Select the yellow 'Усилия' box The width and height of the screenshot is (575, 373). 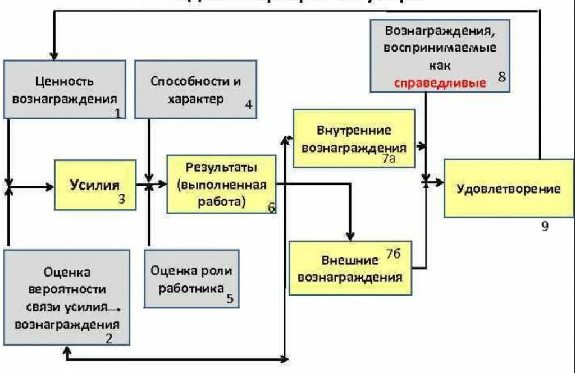point(95,185)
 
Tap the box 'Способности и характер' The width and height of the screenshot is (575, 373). point(195,89)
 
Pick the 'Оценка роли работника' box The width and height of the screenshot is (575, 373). point(191,278)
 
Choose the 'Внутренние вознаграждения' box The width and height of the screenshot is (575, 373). point(354,138)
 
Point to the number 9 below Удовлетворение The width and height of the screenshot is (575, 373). point(545,226)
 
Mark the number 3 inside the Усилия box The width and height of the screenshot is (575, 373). point(121,197)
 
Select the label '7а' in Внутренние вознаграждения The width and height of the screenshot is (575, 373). point(390,159)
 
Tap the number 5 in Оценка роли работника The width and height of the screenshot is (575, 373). point(230,298)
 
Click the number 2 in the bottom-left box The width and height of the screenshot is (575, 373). point(109,338)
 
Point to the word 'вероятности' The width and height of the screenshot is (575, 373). point(67,290)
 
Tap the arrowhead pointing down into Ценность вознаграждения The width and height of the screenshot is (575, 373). point(54,56)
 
